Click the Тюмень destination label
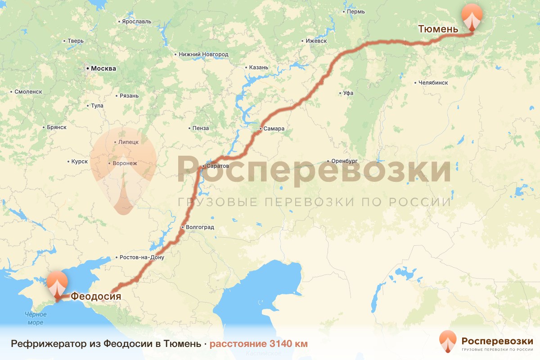[438, 29]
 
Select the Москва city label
[103, 69]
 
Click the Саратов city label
[216, 166]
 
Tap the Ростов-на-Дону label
[142, 258]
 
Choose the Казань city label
[259, 67]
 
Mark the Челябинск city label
[433, 83]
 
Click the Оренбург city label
[344, 161]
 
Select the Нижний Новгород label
[203, 54]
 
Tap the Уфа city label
[348, 93]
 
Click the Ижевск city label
[316, 40]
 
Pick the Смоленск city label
[28, 91]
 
